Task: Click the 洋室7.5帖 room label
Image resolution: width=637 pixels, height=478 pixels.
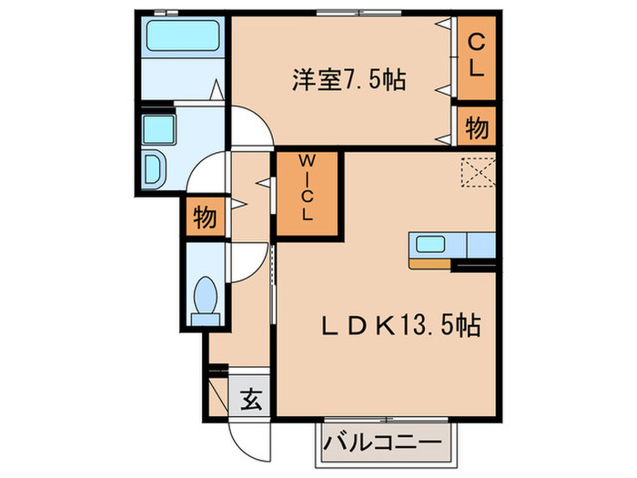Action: click(348, 80)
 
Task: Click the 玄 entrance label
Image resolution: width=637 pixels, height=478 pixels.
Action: click(252, 399)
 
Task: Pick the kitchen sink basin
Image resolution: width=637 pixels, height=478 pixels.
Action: click(430, 244)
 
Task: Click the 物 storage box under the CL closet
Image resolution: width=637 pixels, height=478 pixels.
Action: click(476, 127)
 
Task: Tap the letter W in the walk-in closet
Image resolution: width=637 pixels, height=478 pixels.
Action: click(307, 167)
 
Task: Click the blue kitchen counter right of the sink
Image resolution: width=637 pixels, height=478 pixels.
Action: click(480, 245)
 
